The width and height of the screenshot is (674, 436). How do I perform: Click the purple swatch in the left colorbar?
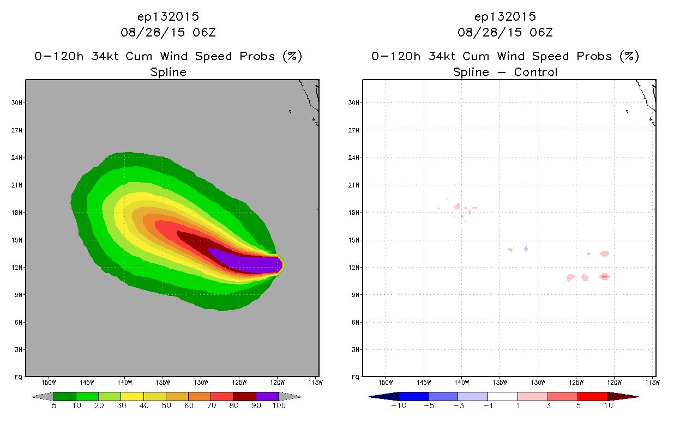(267, 396)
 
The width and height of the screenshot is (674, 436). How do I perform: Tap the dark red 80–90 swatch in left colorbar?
(245, 396)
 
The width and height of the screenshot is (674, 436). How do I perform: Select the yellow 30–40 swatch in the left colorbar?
(132, 396)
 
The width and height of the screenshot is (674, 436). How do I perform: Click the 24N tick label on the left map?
(16, 158)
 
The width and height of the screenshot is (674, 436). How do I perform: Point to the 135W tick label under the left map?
(163, 383)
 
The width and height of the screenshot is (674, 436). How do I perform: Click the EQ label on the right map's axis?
(356, 377)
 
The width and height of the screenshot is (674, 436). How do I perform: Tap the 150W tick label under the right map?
(386, 383)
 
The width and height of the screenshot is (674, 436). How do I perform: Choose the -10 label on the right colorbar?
(399, 405)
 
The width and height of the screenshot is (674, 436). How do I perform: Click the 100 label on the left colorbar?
(279, 405)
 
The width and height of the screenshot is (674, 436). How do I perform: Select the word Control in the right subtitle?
(535, 72)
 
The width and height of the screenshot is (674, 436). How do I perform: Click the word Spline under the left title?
(168, 72)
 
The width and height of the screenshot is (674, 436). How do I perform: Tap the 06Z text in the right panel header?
(541, 32)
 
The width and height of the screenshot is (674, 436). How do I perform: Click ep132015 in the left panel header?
(168, 16)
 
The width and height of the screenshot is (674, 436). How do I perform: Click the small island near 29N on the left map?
(290, 112)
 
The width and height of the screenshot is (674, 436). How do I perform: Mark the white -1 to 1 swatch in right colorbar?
(502, 396)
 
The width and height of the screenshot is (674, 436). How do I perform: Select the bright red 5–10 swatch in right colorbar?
(592, 396)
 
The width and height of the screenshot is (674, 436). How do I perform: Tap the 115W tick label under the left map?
(316, 383)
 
